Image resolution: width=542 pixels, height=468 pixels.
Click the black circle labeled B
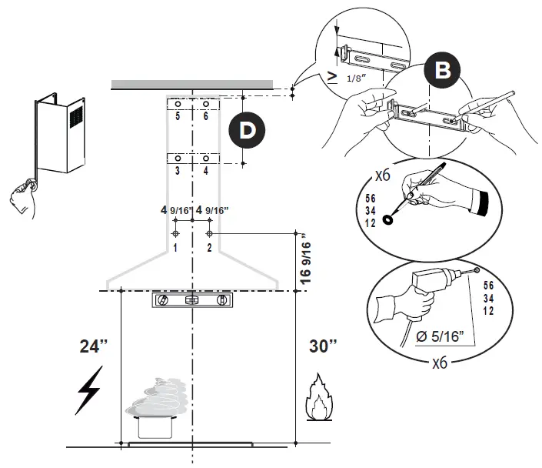click(441, 70)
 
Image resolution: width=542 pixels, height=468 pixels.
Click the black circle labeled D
click(247, 130)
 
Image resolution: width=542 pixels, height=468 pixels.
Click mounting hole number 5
click(177, 104)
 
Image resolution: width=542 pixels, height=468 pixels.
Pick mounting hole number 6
click(205, 104)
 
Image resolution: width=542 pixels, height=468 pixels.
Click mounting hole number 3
click(177, 159)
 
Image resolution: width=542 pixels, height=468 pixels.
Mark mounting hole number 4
click(205, 159)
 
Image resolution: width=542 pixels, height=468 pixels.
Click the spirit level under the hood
click(191, 300)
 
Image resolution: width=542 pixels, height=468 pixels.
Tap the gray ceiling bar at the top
click(191, 84)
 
